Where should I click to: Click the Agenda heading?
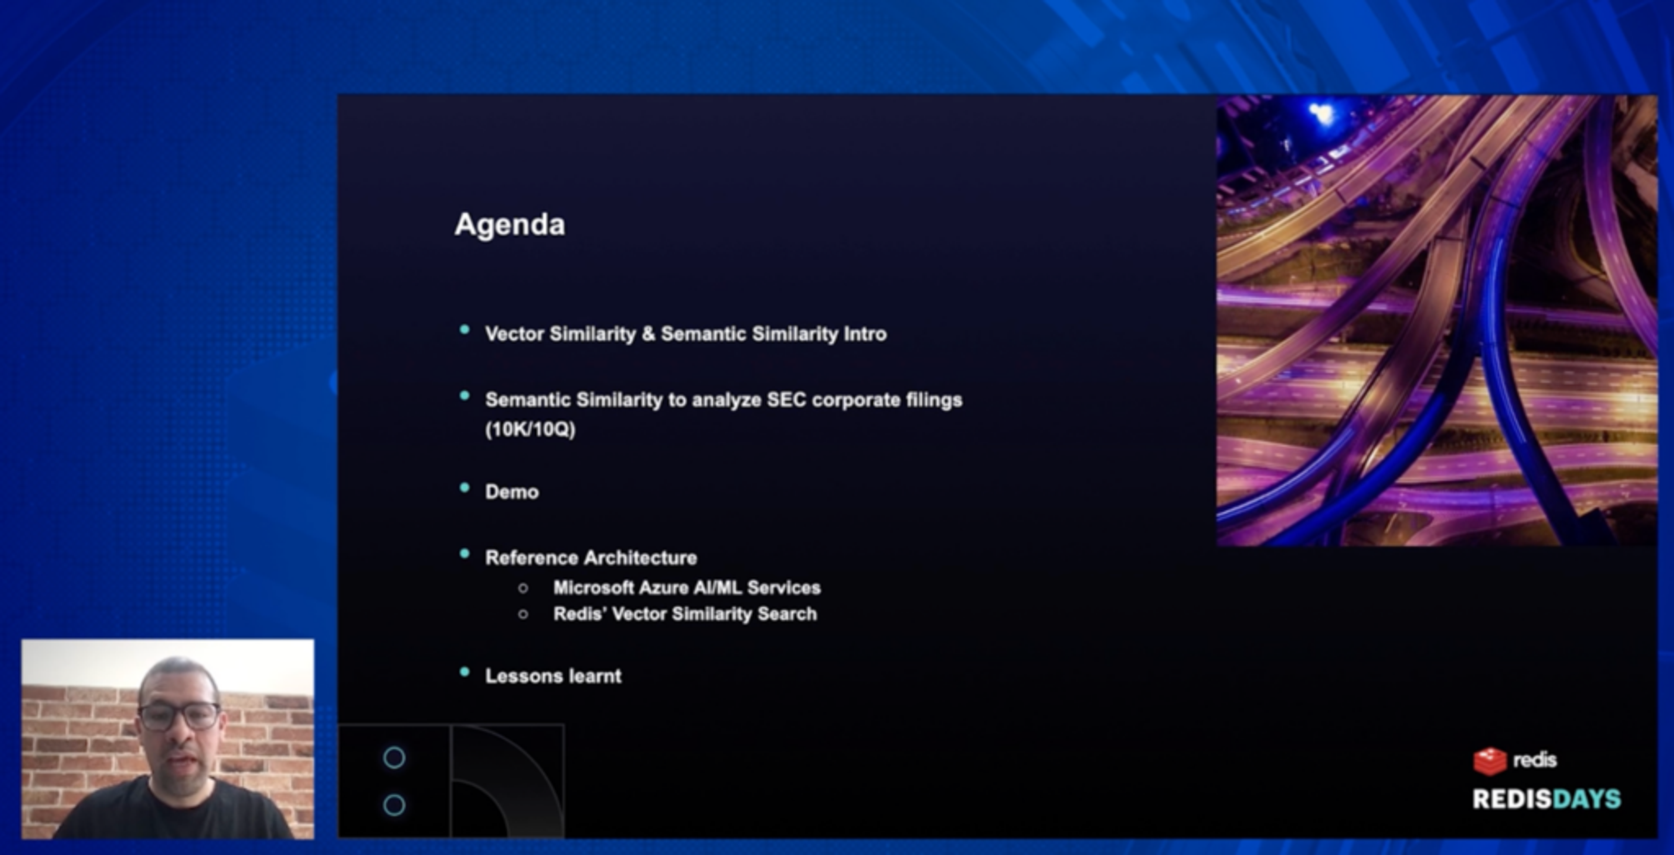coord(510,225)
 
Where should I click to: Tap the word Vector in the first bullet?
coord(514,334)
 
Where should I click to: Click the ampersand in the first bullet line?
coord(648,334)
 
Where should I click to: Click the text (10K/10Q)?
coord(530,429)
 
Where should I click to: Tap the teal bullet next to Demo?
coord(464,488)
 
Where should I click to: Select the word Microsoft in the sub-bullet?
coord(593,588)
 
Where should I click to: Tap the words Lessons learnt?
coord(553,676)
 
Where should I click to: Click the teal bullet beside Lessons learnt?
coord(464,672)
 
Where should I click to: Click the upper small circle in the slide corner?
coord(394,757)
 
